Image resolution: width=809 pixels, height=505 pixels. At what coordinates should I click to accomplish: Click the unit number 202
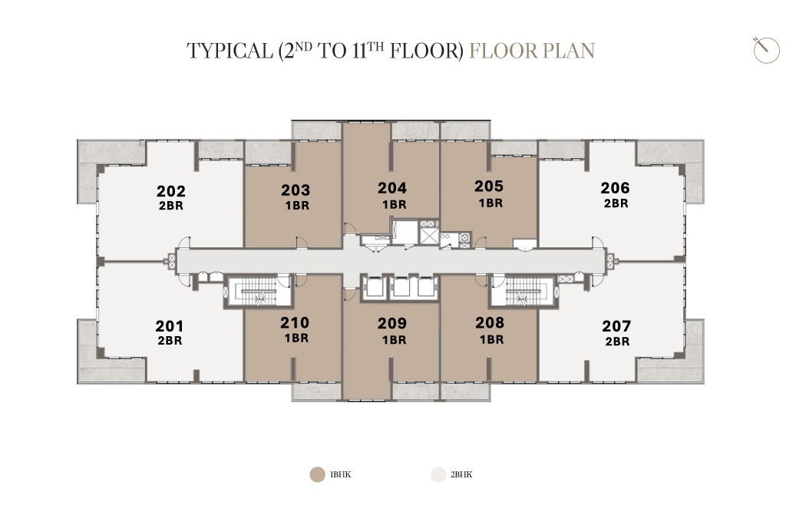pyautogui.click(x=170, y=191)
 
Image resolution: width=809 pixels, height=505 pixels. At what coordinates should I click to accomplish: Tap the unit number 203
pyautogui.click(x=296, y=190)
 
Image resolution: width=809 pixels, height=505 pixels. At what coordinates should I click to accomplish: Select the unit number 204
pyautogui.click(x=392, y=188)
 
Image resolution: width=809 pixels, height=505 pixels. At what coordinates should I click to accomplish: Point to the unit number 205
pyautogui.click(x=489, y=186)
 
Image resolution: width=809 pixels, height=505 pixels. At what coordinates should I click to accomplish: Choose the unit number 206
pyautogui.click(x=615, y=188)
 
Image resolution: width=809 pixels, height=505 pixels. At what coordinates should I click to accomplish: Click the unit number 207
pyautogui.click(x=616, y=326)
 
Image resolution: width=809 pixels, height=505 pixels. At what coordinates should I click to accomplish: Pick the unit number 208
pyautogui.click(x=490, y=322)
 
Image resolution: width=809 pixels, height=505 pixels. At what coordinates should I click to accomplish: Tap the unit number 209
pyautogui.click(x=392, y=323)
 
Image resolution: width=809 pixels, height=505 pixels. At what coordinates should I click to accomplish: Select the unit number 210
pyautogui.click(x=295, y=322)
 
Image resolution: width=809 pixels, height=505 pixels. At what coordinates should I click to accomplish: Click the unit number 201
pyautogui.click(x=169, y=326)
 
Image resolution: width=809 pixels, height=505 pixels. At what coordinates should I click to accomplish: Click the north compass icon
pyautogui.click(x=766, y=50)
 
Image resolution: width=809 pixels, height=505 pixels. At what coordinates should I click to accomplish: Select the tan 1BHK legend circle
pyautogui.click(x=317, y=474)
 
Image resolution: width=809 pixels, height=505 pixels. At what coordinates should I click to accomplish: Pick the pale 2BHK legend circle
pyautogui.click(x=438, y=474)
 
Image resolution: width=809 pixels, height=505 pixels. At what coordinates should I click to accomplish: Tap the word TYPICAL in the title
pyautogui.click(x=229, y=51)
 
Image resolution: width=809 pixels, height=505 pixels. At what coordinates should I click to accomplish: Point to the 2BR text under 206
pyautogui.click(x=616, y=203)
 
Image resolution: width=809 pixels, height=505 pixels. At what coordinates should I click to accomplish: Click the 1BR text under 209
pyautogui.click(x=395, y=340)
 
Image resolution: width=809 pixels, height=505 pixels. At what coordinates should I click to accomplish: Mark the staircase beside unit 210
pyautogui.click(x=259, y=292)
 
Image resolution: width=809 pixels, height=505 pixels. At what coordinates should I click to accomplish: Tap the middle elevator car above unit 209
pyautogui.click(x=400, y=287)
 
